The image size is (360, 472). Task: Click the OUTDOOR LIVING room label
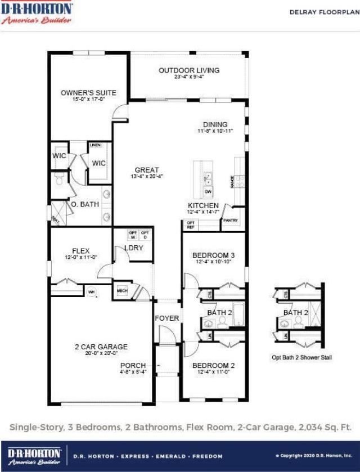(x=189, y=70)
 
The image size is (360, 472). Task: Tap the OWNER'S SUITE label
(x=88, y=93)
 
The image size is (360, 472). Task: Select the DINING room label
(x=215, y=124)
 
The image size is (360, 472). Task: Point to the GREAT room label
(x=147, y=170)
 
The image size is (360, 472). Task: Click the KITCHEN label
(x=203, y=205)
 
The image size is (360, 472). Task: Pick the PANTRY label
(x=231, y=221)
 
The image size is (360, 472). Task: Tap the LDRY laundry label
(x=134, y=248)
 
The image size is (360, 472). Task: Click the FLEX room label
(x=81, y=251)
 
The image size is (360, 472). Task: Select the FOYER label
(x=167, y=318)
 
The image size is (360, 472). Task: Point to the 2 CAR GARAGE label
(x=101, y=347)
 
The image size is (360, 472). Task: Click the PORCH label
(x=133, y=365)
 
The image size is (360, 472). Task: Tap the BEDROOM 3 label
(x=213, y=255)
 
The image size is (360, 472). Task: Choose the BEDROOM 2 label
(x=214, y=365)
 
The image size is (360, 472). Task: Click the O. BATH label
(x=85, y=204)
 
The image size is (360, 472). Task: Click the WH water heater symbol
(x=91, y=291)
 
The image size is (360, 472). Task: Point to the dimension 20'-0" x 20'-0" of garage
(x=101, y=353)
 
